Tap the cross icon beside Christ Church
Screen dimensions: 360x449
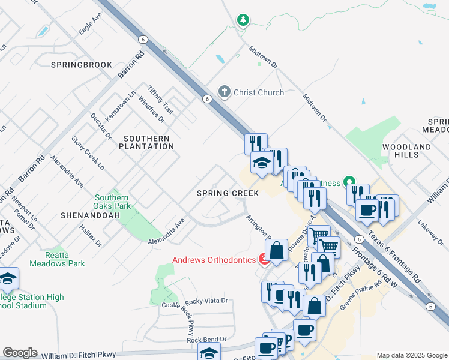pos(224,92)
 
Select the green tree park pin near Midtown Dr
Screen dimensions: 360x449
pos(243,20)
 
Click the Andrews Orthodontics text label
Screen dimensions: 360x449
pos(213,260)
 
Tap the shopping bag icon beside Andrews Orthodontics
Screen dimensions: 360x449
pos(277,250)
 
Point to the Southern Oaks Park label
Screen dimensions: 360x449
pos(112,202)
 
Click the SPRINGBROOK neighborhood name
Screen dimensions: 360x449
pos(82,64)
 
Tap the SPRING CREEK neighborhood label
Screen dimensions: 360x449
pos(228,193)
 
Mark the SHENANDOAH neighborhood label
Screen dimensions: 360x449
pos(87,214)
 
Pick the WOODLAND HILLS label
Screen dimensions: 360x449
pos(407,151)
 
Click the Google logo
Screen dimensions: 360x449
pos(20,353)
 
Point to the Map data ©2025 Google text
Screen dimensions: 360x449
pos(411,355)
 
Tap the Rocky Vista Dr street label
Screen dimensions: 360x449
pos(207,301)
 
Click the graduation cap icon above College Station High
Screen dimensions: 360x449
pos(8,278)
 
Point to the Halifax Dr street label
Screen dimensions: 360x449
pos(90,235)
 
